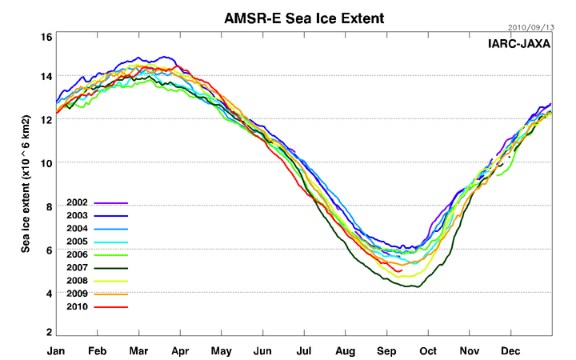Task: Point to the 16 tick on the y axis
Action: click(46, 37)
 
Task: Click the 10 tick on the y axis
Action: click(46, 163)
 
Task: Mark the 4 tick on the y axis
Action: click(49, 294)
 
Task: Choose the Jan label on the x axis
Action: click(56, 350)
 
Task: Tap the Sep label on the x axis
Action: click(387, 350)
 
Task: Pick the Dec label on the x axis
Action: click(511, 350)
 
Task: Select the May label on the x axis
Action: click(222, 350)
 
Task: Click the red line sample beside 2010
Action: click(110, 306)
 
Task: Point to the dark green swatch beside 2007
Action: click(110, 268)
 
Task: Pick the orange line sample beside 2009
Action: click(110, 294)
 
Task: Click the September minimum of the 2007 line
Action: click(411, 286)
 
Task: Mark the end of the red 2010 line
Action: click(400, 271)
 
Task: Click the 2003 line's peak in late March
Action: click(166, 57)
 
